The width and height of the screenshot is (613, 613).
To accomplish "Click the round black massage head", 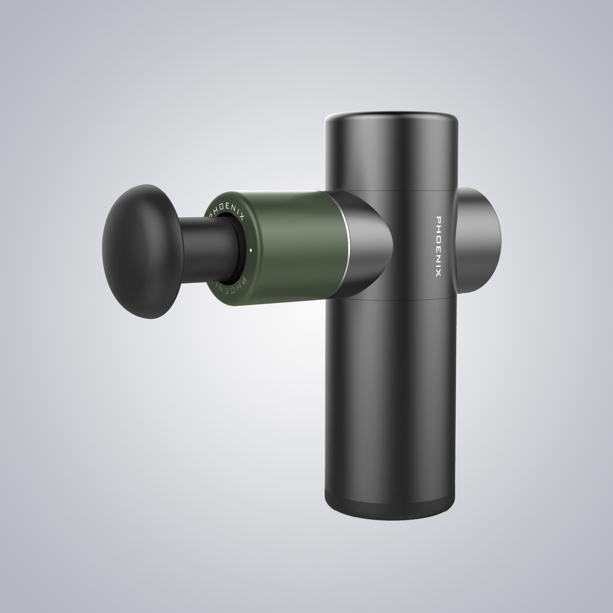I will point(141,251).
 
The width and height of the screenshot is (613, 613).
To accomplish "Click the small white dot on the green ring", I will point(251,250).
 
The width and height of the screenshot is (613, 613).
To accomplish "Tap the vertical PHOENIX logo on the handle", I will point(438,247).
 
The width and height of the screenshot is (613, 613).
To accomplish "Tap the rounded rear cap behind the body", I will point(479,240).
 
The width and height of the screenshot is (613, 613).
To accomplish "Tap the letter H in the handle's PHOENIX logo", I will point(438,228).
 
